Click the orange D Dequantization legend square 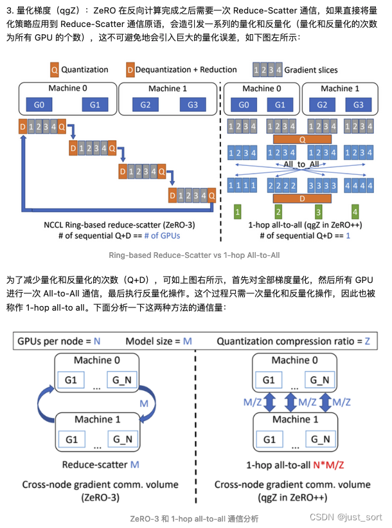click(130, 69)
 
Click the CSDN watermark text click(348, 517)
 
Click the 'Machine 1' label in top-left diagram click(168, 89)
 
